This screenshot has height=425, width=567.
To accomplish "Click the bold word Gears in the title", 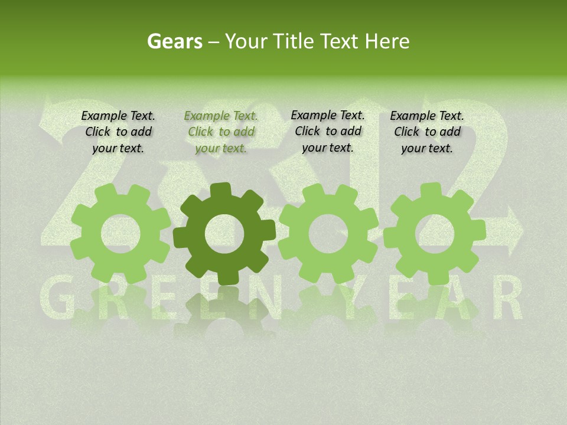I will [174, 41].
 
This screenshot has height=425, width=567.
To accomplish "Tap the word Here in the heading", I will [387, 41].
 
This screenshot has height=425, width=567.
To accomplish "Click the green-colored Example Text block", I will [221, 132].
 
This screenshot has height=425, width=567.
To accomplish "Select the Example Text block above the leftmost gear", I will [118, 132].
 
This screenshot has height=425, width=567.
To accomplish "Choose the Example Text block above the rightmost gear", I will [427, 132].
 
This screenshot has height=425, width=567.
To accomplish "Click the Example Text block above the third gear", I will [328, 131].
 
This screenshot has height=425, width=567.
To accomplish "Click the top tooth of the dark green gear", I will [224, 190].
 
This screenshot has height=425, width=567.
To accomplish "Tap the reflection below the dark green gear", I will [224, 313].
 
